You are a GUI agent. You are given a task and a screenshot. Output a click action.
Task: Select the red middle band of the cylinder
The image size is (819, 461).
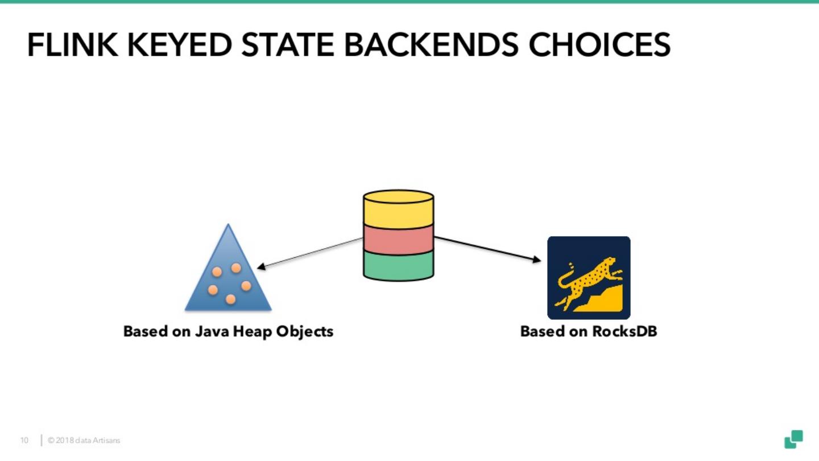pyautogui.click(x=398, y=240)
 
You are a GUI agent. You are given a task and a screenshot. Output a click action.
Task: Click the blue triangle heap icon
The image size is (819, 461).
pyautogui.click(x=228, y=279)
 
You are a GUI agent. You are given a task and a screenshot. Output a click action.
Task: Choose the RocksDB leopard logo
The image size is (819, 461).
pyautogui.click(x=589, y=278)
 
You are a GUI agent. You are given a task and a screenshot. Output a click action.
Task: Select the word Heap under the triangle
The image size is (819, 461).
pyautogui.click(x=253, y=331)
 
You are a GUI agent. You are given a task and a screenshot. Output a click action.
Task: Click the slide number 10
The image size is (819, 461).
pyautogui.click(x=24, y=441)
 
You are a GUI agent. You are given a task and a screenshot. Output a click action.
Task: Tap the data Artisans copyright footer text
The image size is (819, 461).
pyautogui.click(x=84, y=441)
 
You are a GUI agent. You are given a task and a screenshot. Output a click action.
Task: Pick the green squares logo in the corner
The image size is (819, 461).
pyautogui.click(x=793, y=439)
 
